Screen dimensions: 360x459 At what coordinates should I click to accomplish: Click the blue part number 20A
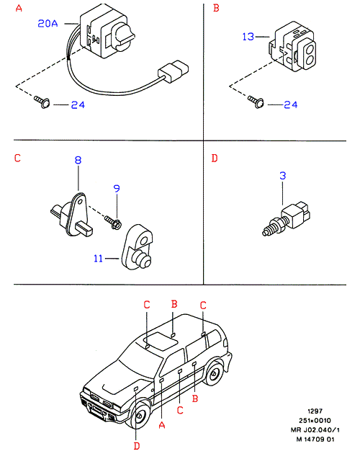pyautogui.click(x=48, y=23)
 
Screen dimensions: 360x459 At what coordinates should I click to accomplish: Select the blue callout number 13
pyautogui.click(x=248, y=37)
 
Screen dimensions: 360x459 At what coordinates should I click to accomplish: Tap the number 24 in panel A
pyautogui.click(x=78, y=104)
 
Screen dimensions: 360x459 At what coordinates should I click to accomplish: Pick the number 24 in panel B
pyautogui.click(x=291, y=104)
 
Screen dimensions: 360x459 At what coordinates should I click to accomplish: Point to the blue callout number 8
pyautogui.click(x=78, y=160)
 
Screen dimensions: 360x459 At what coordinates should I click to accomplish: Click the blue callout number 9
pyautogui.click(x=117, y=189)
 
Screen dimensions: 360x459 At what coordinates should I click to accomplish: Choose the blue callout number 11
pyautogui.click(x=98, y=259)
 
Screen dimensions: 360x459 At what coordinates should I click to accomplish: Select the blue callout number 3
pyautogui.click(x=282, y=176)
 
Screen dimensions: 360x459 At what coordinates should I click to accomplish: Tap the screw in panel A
pyautogui.click(x=42, y=102)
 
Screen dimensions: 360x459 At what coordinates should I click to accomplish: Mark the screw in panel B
pyautogui.click(x=256, y=102)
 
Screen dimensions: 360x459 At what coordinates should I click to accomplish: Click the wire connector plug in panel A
pyautogui.click(x=173, y=71)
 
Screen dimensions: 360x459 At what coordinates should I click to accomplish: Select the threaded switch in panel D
pyautogui.click(x=287, y=218)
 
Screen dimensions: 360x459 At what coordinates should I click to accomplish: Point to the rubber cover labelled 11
pyautogui.click(x=137, y=247)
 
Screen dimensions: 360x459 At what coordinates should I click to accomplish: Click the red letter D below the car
pyautogui.click(x=137, y=446)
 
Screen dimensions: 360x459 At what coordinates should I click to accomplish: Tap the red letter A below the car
pyautogui.click(x=162, y=424)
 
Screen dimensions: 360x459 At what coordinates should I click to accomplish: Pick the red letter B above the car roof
pyautogui.click(x=174, y=304)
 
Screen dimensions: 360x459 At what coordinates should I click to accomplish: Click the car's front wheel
pyautogui.click(x=140, y=415)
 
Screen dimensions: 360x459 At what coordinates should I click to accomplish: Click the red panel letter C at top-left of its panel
pyautogui.click(x=17, y=158)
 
